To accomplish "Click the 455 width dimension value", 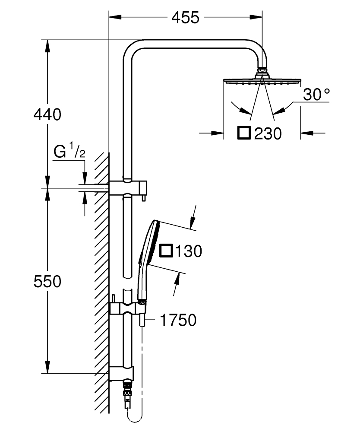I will [185, 18].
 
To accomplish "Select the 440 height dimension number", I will [47, 114].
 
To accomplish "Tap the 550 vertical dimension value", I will [47, 282].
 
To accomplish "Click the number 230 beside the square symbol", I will [268, 133].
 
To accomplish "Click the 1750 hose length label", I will [178, 320].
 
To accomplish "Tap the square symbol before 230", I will [244, 133].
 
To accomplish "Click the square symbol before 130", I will [166, 251].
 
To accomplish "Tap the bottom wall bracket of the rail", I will [122, 373].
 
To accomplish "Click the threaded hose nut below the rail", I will [127, 391].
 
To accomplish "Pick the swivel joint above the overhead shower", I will [262, 70].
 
